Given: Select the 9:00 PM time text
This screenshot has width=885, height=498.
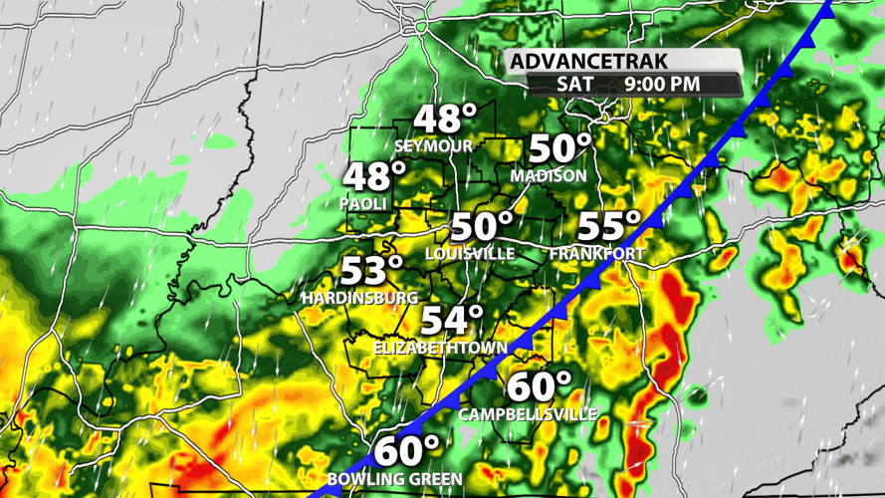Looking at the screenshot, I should coord(662,85).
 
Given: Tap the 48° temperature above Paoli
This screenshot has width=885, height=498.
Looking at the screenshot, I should coord(375,177).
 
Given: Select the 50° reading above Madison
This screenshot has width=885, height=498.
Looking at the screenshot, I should coord(559,149).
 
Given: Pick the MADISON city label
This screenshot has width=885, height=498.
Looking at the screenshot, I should coord(549,175).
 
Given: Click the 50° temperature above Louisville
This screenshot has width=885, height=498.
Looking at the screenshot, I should coord(483,227).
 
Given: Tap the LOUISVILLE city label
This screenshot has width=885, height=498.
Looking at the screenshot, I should coord(470,254).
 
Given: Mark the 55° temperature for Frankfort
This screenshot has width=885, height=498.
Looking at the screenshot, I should coord(609,227).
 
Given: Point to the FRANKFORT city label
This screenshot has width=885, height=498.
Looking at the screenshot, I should coord(596,254).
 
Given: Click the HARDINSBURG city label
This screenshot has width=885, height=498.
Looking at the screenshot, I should coord(361,297).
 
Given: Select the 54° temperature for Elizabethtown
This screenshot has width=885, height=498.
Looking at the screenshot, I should coord(451,322).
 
